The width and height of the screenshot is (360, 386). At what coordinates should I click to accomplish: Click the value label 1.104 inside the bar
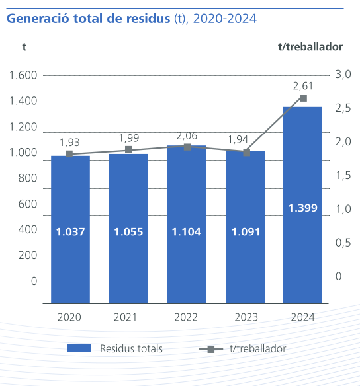tap(186, 232)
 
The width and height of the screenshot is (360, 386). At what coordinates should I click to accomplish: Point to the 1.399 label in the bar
tap(302, 208)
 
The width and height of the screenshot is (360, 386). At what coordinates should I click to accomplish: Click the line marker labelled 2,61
tap(303, 98)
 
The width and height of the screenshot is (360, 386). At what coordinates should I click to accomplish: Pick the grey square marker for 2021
tap(128, 149)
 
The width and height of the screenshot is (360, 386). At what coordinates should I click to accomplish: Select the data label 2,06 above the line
tap(187, 135)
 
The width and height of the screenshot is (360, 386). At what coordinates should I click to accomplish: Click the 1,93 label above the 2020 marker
tap(70, 142)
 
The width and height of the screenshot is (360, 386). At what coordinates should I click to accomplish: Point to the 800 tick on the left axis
tap(27, 178)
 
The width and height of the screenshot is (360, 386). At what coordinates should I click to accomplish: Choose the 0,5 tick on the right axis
tap(343, 243)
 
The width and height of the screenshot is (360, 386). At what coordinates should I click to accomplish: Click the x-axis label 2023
tap(245, 317)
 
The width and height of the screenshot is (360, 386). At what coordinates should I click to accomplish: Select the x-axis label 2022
tap(186, 317)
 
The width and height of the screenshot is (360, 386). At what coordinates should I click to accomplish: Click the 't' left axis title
tap(24, 47)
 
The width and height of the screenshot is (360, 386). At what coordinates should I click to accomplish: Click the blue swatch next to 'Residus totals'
tap(79, 348)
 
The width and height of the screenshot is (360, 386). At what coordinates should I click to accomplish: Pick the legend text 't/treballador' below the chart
tap(257, 348)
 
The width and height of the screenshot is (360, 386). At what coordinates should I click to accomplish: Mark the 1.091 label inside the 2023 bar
tap(245, 232)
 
